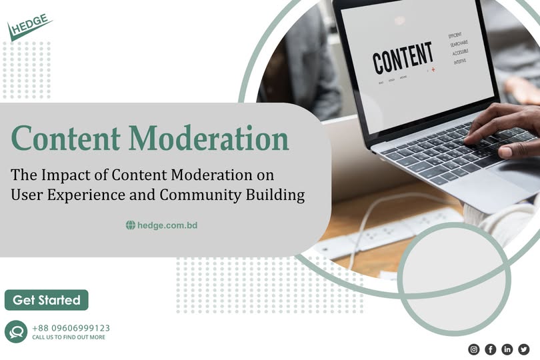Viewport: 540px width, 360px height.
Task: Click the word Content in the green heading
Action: [x=64, y=139]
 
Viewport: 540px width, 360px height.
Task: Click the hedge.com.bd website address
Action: [x=167, y=225]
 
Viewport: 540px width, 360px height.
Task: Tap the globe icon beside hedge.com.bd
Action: [x=131, y=225]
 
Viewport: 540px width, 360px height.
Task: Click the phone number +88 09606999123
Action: [x=71, y=328]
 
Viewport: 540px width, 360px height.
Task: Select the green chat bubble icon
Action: [x=16, y=331]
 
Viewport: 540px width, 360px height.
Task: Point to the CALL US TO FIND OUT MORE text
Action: [x=69, y=337]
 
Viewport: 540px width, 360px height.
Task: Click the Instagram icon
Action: [x=474, y=349]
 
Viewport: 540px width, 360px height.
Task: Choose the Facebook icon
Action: [x=491, y=349]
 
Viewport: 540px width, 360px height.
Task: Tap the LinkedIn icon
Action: [x=507, y=349]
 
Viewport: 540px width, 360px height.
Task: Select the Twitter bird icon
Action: [x=524, y=349]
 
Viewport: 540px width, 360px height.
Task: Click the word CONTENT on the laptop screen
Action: [x=403, y=59]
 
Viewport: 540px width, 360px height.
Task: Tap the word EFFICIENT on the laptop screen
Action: [x=455, y=35]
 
